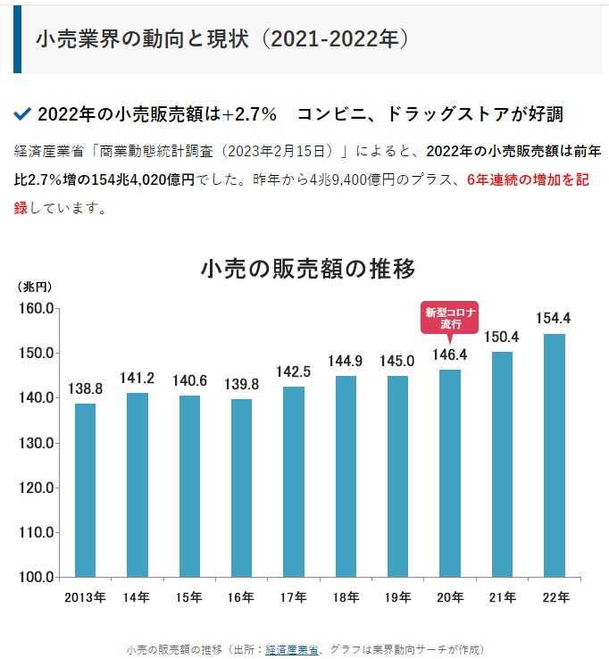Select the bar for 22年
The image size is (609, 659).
[555, 455]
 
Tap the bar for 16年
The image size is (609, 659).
[241, 488]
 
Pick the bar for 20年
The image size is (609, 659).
[450, 472]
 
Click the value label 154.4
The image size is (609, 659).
[555, 318]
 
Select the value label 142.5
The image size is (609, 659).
[294, 371]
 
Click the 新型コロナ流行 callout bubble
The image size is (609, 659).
[450, 317]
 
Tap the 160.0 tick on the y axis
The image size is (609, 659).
[37, 309]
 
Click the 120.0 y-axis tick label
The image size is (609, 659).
[37, 488]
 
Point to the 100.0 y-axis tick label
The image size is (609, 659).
[37, 577]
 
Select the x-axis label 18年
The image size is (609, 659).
[346, 597]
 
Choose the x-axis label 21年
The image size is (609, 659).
[503, 597]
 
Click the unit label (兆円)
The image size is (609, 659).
[36, 287]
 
